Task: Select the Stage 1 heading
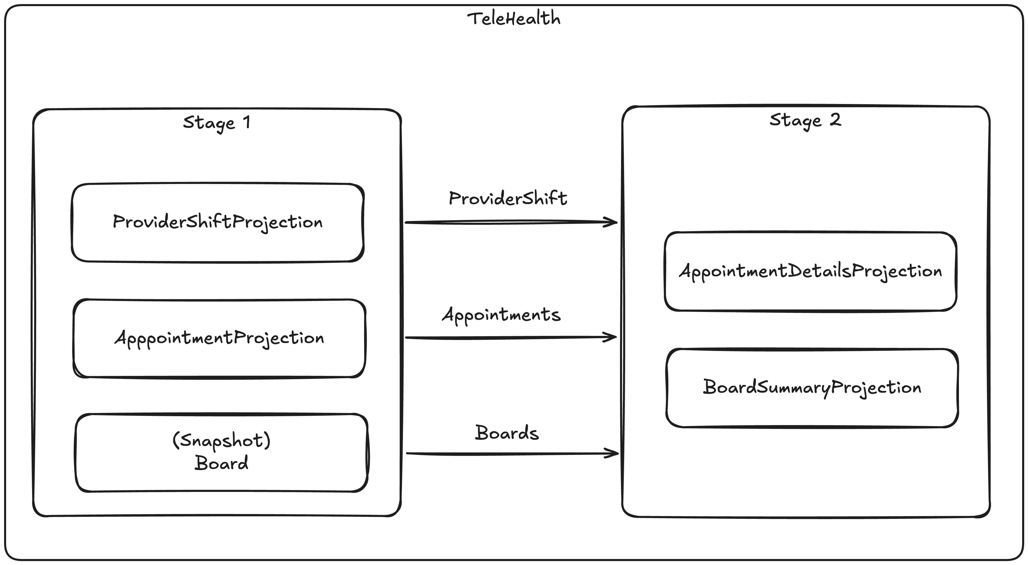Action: pyautogui.click(x=217, y=123)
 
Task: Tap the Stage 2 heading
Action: pyautogui.click(x=805, y=120)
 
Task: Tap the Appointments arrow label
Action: pyautogui.click(x=501, y=315)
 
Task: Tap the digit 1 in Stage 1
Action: pyautogui.click(x=247, y=122)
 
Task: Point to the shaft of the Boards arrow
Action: pyautogui.click(x=507, y=454)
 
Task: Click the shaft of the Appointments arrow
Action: pyautogui.click(x=507, y=338)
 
